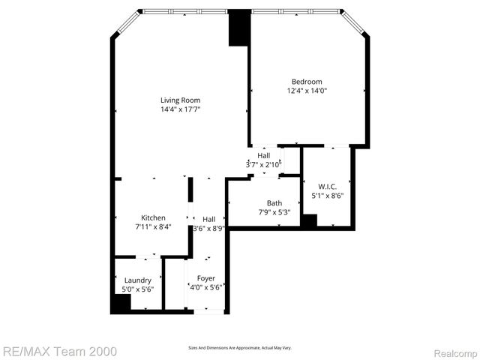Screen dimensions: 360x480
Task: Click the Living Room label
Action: tap(180, 100)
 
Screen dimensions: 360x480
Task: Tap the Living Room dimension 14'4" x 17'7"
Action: tap(180, 109)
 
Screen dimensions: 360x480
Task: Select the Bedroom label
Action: tap(307, 82)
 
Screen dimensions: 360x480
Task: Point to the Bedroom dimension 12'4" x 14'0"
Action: tap(307, 91)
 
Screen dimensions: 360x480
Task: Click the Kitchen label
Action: tap(153, 217)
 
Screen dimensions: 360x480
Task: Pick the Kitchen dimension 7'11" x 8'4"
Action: tap(153, 226)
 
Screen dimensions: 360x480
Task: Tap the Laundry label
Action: tap(138, 280)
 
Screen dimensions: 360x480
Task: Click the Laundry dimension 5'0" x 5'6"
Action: tap(138, 289)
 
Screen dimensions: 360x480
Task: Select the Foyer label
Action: tap(205, 278)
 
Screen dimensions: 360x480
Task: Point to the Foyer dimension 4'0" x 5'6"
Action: tap(205, 287)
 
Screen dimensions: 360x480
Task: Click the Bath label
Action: tap(274, 203)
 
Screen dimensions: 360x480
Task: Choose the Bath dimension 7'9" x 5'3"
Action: tap(274, 212)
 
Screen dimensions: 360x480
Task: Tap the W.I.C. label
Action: tap(327, 187)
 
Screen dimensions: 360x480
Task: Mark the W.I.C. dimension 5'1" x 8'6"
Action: tap(327, 196)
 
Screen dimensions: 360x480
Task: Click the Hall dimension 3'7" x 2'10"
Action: tap(263, 164)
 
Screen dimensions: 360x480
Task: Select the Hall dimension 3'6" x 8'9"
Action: tap(208, 228)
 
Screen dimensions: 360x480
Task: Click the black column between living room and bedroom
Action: tap(239, 28)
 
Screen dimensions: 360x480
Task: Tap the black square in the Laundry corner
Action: tap(120, 304)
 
